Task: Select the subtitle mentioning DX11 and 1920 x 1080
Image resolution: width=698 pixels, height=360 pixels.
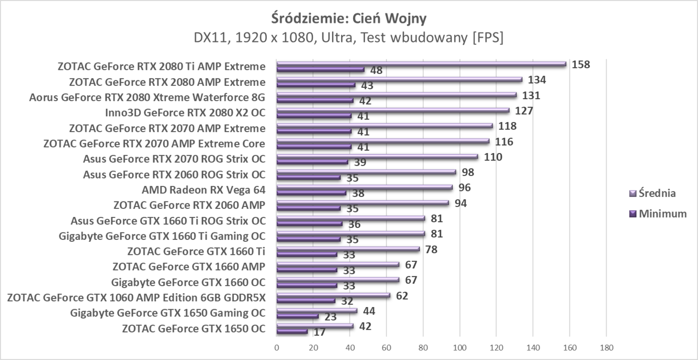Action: [349, 38]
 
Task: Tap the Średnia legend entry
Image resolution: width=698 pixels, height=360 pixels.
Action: [658, 193]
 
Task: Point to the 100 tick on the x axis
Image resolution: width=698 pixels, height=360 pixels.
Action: [459, 348]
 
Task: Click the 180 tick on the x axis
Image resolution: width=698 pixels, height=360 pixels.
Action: [606, 348]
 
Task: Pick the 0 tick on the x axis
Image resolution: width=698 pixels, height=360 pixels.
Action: [277, 348]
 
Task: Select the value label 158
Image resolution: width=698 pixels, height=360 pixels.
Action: [581, 64]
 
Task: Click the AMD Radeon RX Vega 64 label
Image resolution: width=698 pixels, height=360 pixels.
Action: [203, 189]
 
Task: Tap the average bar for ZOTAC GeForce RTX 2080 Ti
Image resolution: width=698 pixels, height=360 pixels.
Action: [421, 64]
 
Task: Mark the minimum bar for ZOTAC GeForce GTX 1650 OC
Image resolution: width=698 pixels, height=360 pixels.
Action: [292, 331]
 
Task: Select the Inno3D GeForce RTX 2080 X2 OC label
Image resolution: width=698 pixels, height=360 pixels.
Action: [185, 113]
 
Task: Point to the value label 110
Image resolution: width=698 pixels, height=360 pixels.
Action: [493, 157]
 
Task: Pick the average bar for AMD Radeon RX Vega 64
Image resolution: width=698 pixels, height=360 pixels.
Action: [364, 187]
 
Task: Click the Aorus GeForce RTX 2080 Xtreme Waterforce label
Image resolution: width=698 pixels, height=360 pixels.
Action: [147, 97]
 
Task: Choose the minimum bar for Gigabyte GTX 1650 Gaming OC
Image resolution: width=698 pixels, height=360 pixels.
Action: [298, 316]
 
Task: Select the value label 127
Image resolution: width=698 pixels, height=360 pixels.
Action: [524, 111]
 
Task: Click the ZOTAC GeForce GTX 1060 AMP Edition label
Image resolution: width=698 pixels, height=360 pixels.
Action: [136, 298]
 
